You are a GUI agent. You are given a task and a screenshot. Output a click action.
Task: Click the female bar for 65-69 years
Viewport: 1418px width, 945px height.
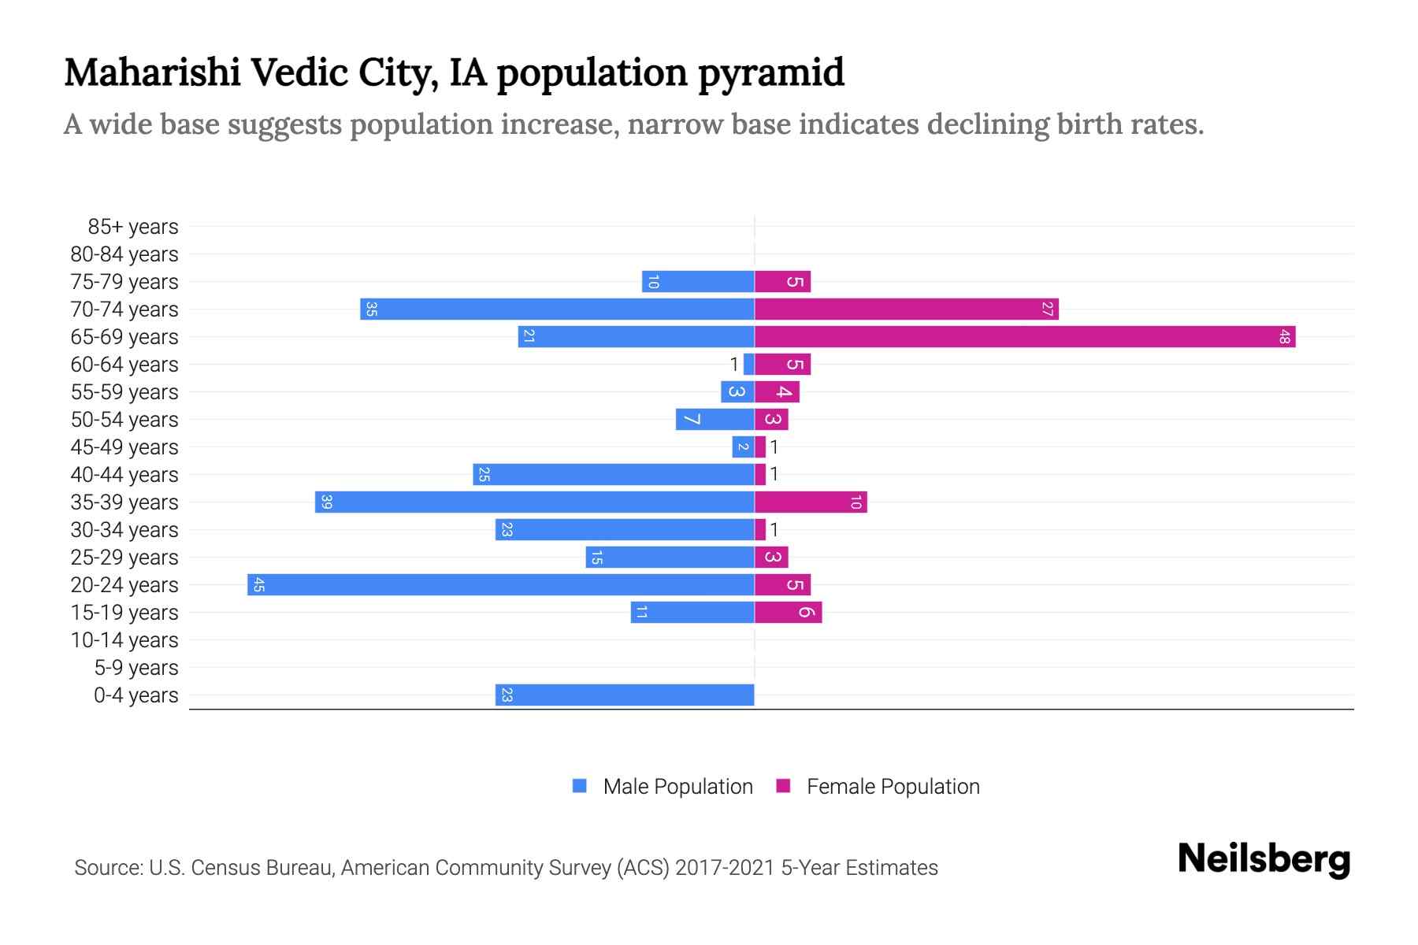point(1024,337)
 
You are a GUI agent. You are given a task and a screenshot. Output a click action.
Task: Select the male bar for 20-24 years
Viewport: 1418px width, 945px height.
point(501,585)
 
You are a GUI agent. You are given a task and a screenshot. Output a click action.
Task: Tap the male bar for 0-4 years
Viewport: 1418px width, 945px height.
point(625,695)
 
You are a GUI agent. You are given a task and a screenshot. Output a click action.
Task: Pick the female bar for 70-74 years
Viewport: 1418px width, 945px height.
point(906,309)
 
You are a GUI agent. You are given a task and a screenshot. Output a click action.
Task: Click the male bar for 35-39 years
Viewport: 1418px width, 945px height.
point(535,502)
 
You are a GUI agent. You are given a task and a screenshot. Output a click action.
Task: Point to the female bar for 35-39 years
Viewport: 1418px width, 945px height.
point(811,502)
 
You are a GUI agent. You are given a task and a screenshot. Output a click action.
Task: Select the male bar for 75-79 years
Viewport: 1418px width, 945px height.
point(698,282)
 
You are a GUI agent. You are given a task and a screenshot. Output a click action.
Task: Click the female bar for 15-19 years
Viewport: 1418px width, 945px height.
point(788,613)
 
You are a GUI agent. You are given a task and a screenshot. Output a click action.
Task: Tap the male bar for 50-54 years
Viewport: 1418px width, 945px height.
point(715,420)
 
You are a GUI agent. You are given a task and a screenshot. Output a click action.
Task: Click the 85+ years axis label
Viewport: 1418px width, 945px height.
point(133,227)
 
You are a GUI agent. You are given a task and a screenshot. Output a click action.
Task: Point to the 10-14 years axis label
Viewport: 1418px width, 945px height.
point(124,640)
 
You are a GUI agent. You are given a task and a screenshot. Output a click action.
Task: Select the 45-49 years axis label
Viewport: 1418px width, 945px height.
point(124,447)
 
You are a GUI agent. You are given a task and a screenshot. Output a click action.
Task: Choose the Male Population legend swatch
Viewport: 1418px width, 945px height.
point(580,786)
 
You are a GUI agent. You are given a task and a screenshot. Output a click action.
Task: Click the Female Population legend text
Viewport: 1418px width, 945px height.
point(893,787)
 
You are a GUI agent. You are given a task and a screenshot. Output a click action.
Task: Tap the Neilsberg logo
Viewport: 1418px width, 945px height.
point(1264,860)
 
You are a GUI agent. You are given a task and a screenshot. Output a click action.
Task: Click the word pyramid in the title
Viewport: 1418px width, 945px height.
point(771,72)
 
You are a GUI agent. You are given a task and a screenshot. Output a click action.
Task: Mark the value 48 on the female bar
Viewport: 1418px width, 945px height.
point(1285,337)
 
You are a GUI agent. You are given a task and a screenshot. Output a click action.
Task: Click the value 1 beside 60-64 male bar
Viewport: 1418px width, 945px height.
point(734,365)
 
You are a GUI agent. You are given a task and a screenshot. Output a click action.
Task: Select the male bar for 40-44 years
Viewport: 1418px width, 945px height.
point(614,475)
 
